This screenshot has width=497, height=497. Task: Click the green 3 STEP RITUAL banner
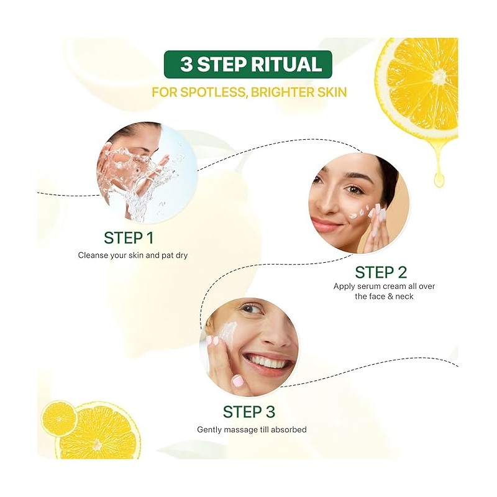coord(248,64)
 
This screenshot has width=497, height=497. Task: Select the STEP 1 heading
coord(129,238)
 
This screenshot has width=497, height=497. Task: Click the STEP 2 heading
coord(381,272)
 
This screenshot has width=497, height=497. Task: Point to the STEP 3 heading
coord(249,412)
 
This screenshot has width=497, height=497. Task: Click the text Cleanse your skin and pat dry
coord(133,255)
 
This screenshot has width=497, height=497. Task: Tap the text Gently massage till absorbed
coord(252,430)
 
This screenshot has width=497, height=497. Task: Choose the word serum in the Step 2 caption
coord(368,286)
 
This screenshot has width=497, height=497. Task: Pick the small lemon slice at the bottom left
coord(59,418)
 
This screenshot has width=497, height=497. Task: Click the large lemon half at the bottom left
coord(98,434)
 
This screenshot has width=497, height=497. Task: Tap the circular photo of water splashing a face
coord(147,173)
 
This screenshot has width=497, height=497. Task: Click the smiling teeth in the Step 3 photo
coord(270,362)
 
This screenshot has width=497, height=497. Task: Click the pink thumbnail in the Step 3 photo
coord(238,381)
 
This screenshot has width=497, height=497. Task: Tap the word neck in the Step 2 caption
coord(404,297)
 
